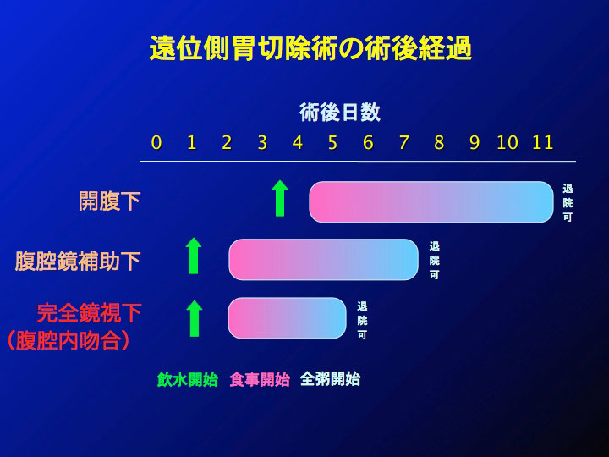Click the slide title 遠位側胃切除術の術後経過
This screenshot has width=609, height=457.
(x=310, y=48)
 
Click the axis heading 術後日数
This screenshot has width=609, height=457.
(x=340, y=113)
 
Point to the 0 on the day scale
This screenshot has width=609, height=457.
(x=156, y=143)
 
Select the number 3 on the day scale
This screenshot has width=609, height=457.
(x=262, y=143)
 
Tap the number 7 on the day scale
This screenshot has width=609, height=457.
(x=404, y=143)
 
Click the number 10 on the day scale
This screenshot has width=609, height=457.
(x=507, y=143)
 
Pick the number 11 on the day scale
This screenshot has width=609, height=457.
(x=542, y=143)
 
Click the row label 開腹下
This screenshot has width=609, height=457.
(x=109, y=201)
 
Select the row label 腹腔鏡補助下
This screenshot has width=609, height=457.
(x=78, y=261)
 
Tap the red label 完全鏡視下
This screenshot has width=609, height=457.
(x=89, y=313)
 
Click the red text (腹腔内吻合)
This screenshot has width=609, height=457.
(x=69, y=340)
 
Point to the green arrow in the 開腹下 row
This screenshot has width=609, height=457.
(x=280, y=198)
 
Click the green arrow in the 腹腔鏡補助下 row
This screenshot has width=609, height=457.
(x=194, y=256)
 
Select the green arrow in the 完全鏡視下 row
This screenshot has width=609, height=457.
(x=195, y=318)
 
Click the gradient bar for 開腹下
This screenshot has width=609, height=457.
(x=431, y=201)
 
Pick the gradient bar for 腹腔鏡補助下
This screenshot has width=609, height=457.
(x=323, y=259)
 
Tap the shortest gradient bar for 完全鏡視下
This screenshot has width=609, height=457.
(x=287, y=318)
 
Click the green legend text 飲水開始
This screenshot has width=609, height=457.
(x=188, y=380)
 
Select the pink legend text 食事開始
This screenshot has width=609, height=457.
(x=260, y=380)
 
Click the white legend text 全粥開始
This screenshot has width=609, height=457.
(x=331, y=380)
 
